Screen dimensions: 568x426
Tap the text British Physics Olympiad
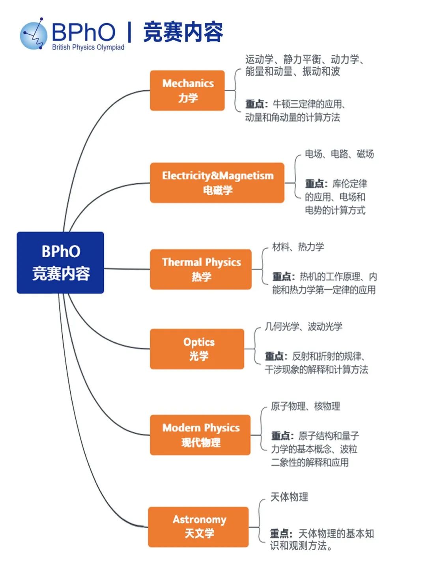click(88, 47)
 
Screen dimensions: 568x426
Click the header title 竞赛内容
click(183, 32)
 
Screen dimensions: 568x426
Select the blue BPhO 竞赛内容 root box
click(60, 263)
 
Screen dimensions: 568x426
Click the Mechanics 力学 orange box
click(187, 90)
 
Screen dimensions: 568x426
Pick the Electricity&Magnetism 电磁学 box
click(217, 183)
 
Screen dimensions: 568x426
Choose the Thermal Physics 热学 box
click(201, 269)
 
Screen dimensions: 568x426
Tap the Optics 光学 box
click(197, 349)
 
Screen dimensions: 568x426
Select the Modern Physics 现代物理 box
click(200, 435)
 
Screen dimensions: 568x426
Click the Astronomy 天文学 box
click(198, 527)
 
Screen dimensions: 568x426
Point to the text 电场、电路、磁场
click(339, 154)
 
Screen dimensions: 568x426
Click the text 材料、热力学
click(298, 247)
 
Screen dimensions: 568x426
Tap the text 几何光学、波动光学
click(303, 327)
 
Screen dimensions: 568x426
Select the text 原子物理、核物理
click(305, 406)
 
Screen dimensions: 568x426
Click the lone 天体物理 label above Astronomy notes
click(289, 497)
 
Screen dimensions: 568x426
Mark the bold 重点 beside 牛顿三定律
click(255, 104)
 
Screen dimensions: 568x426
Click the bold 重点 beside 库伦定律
click(315, 184)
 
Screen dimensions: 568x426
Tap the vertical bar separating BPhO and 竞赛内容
click(129, 32)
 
